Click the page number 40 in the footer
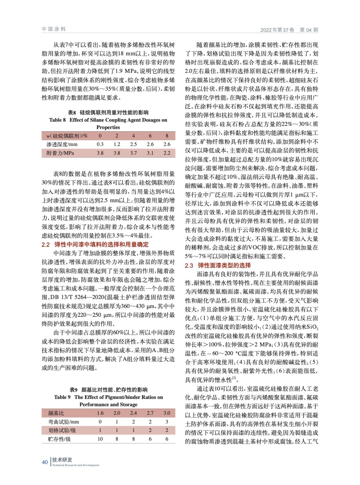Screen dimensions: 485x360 click(x=45, y=462)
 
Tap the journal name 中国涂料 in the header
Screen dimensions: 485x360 click(x=54, y=29)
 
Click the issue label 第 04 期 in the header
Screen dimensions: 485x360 click(x=309, y=30)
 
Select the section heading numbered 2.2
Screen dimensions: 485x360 click(x=95, y=244)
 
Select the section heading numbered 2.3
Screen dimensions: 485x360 click(x=218, y=265)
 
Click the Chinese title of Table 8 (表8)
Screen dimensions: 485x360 click(x=108, y=112)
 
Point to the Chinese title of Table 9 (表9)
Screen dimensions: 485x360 click(x=108, y=390)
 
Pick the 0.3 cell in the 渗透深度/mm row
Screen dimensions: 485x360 click(x=100, y=144)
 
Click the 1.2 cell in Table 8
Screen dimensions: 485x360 click(x=117, y=144)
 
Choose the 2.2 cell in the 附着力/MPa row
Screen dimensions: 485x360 click(x=167, y=153)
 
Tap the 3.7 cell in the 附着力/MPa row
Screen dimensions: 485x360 click(x=133, y=153)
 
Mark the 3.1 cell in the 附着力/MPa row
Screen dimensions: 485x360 click(x=150, y=153)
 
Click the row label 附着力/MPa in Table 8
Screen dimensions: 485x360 click(x=60, y=153)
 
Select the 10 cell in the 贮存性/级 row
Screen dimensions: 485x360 click(x=100, y=439)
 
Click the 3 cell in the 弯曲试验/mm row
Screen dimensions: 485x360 click(x=167, y=422)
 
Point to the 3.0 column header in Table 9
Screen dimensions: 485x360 click(x=167, y=413)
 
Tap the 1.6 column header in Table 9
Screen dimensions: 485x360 click(x=100, y=413)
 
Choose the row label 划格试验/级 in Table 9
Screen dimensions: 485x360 click(x=62, y=430)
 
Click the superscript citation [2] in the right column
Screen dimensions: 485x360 click(x=234, y=378)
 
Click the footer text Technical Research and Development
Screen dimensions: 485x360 click(x=76, y=465)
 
